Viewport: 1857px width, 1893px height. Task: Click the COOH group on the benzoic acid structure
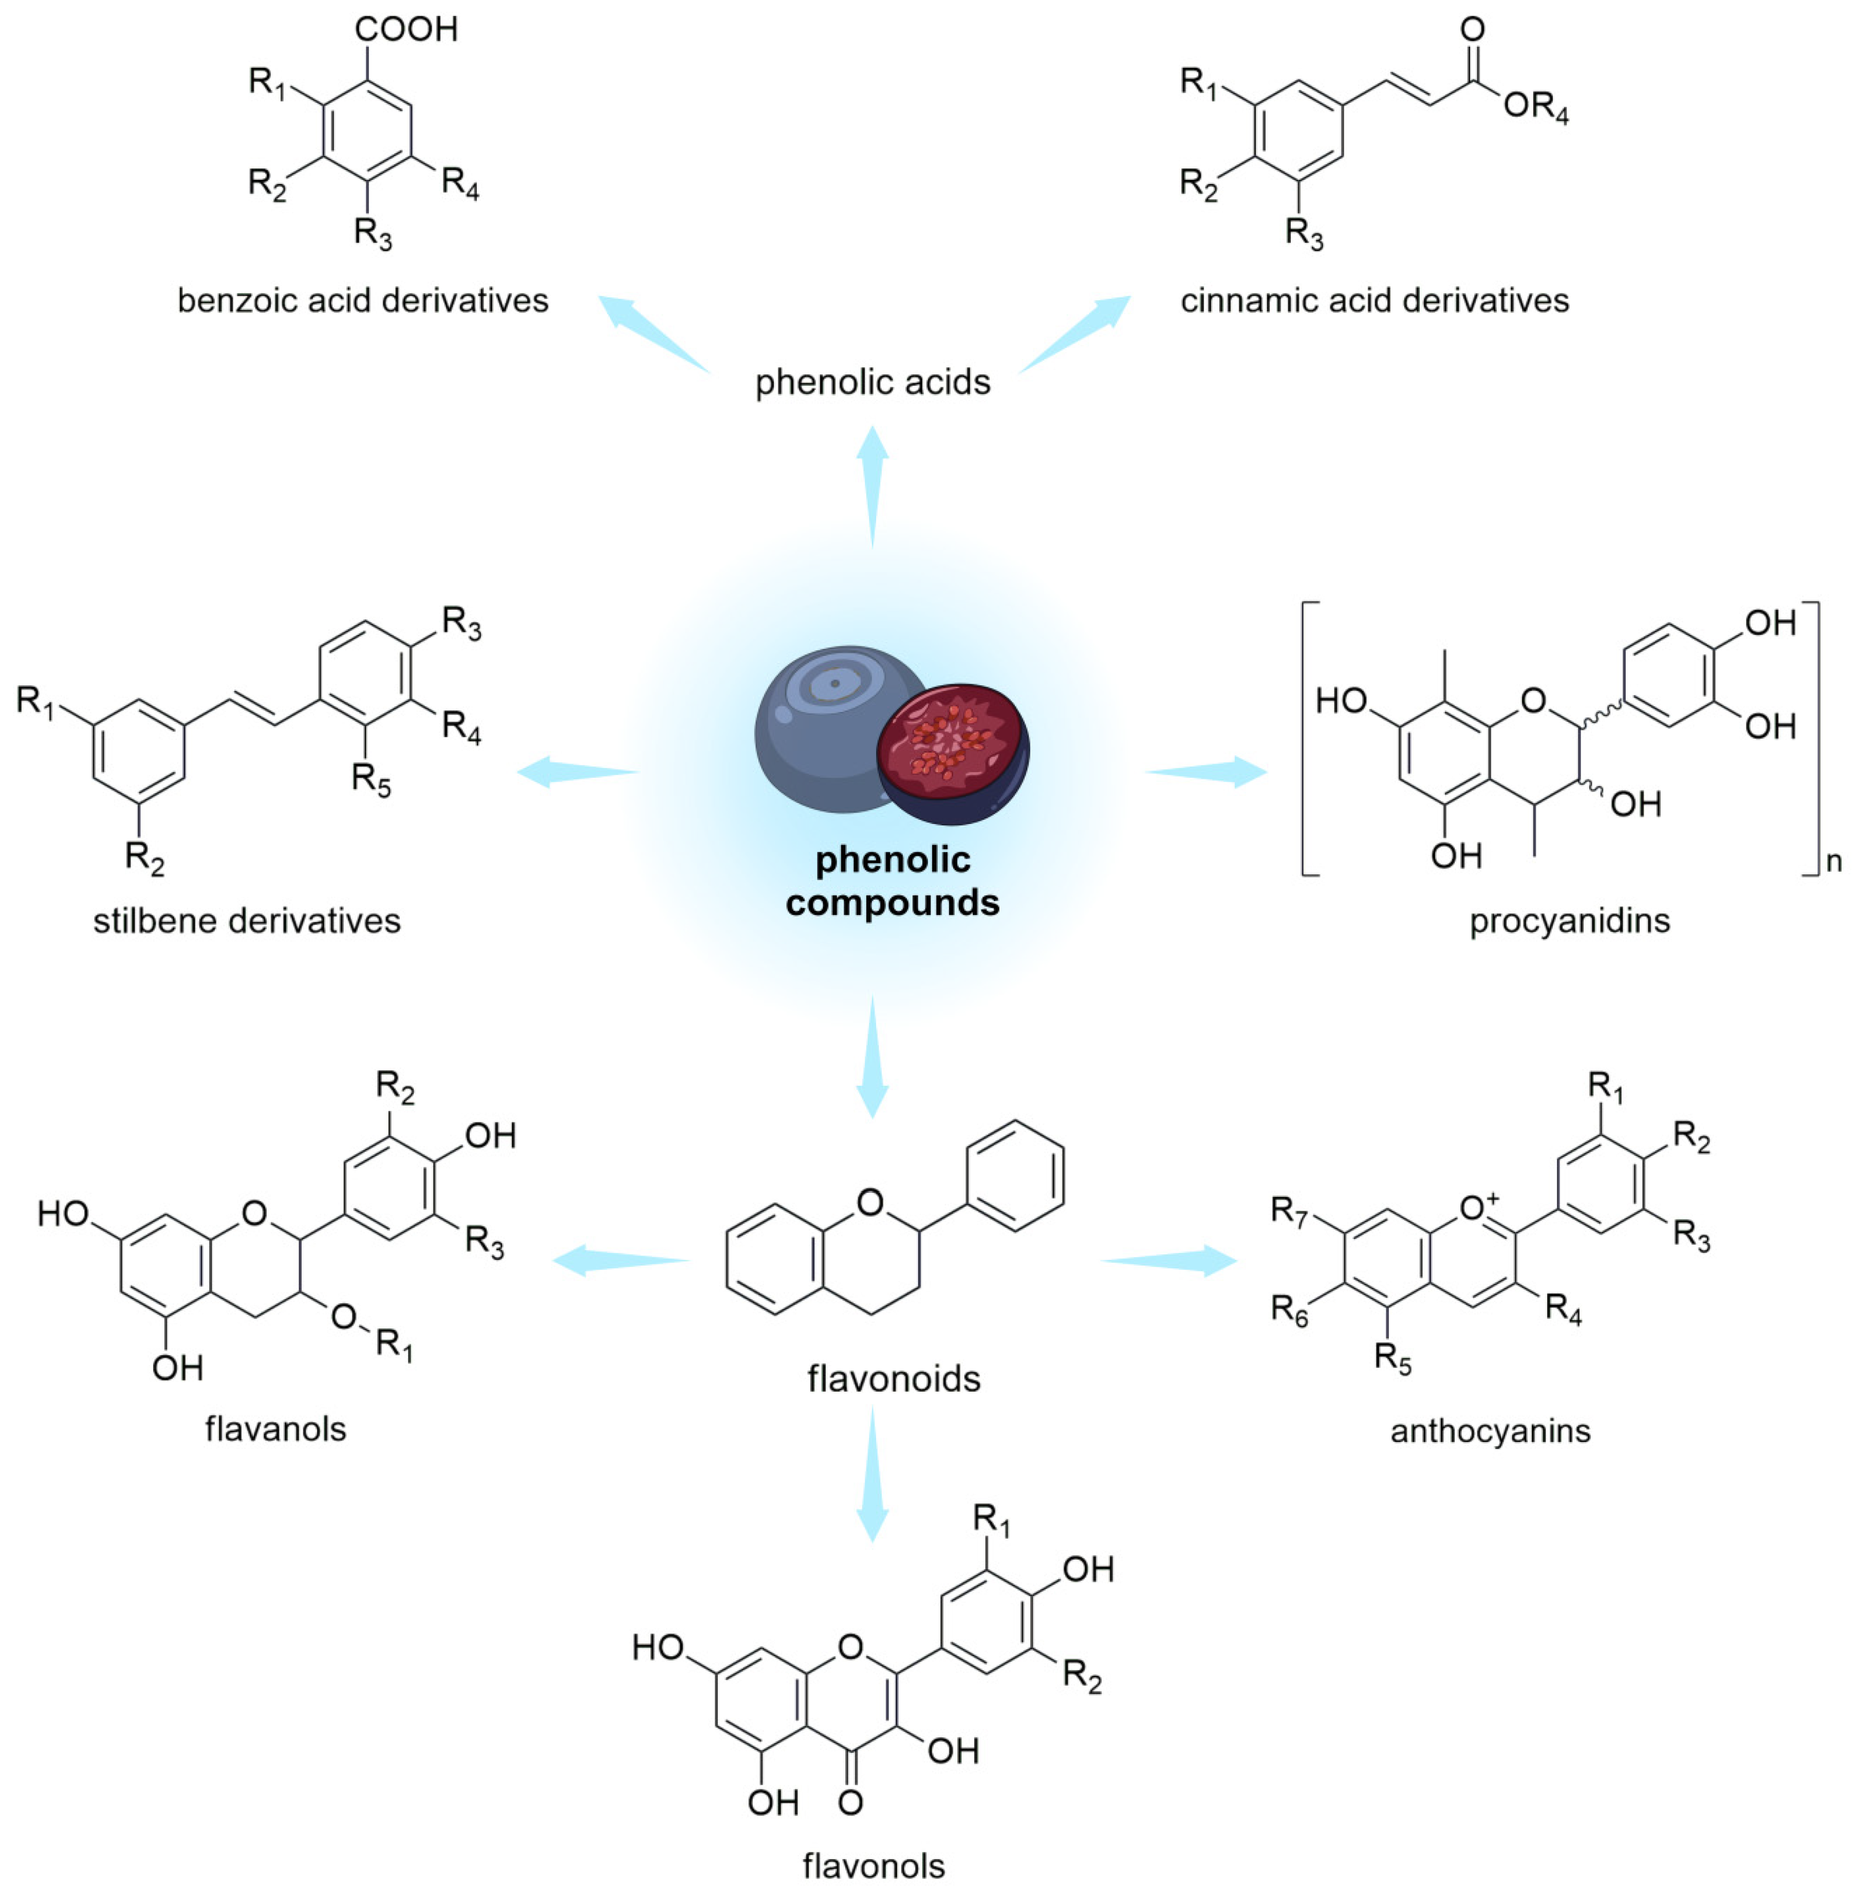(406, 29)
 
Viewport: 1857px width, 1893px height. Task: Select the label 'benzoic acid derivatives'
(363, 301)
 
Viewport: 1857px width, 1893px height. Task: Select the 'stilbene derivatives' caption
(247, 921)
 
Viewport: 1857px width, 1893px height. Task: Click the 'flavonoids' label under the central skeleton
(894, 1379)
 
